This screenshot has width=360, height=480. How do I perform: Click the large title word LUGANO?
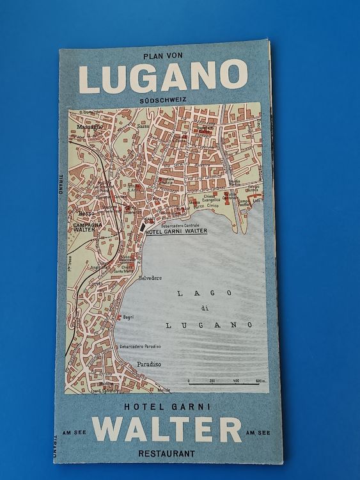(163, 77)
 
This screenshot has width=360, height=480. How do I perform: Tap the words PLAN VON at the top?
(163, 56)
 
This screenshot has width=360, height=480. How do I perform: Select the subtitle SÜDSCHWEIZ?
(163, 100)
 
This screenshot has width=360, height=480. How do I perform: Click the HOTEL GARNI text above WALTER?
(168, 406)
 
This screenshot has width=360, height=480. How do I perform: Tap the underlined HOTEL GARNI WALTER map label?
(178, 232)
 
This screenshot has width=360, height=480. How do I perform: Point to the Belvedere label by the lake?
(150, 278)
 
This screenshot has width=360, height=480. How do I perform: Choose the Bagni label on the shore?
(128, 317)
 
